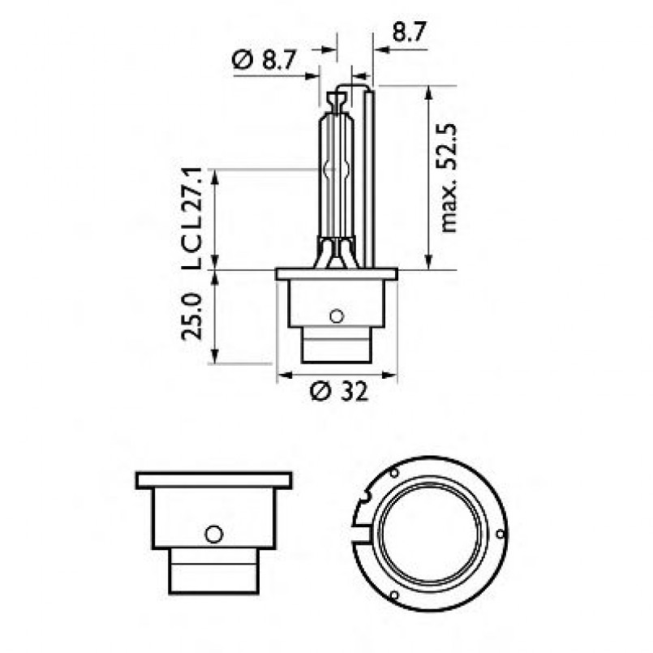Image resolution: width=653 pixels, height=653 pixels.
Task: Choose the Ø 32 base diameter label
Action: [x=339, y=393]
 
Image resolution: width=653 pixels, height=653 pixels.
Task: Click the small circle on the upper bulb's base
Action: [x=337, y=316]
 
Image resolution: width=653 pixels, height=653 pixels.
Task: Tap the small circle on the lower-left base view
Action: [x=213, y=534]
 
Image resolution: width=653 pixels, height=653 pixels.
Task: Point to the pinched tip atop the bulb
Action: [x=337, y=101]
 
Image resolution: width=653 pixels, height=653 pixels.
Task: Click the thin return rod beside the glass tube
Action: [x=368, y=178]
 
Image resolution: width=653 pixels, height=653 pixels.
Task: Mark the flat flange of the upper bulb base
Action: [x=337, y=274]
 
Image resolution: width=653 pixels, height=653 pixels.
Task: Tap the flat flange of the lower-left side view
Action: [x=213, y=480]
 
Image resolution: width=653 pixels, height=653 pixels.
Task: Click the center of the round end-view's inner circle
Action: [x=432, y=534]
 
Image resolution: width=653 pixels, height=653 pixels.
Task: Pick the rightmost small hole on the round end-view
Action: [x=500, y=533]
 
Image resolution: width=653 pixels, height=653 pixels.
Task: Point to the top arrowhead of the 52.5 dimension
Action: [x=427, y=90]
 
